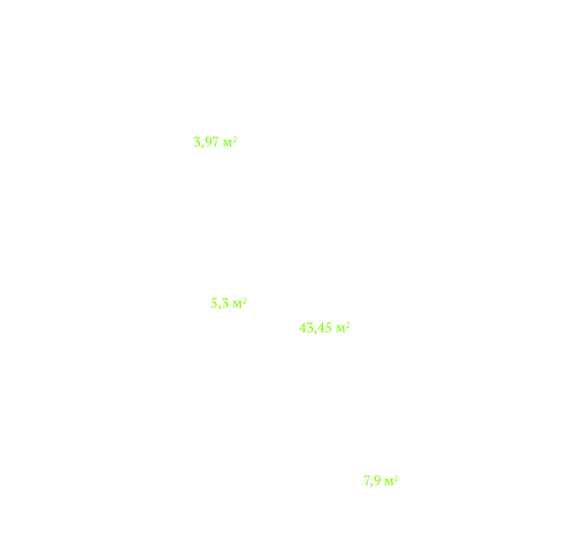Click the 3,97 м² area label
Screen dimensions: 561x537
click(215, 143)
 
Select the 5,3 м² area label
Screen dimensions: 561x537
click(228, 304)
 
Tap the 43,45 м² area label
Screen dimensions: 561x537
click(324, 328)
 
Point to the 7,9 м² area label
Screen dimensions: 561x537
click(381, 480)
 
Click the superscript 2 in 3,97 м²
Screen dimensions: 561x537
click(235, 139)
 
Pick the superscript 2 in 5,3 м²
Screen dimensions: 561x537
click(244, 300)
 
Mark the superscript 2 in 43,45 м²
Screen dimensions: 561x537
click(347, 324)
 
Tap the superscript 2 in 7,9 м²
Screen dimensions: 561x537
click(396, 477)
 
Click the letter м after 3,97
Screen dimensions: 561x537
click(227, 144)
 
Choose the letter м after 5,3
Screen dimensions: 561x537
click(237, 305)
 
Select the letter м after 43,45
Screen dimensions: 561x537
click(341, 329)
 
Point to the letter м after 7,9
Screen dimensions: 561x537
click(389, 482)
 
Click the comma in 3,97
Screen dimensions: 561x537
click(202, 146)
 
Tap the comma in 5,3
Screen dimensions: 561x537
click(220, 308)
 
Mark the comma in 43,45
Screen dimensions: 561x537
click(315, 332)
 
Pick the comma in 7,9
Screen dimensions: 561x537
click(372, 484)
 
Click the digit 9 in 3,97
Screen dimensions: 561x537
click(208, 143)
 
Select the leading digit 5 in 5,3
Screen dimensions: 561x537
click(214, 304)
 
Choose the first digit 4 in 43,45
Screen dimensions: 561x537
click(302, 328)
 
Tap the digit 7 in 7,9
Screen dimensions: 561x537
click(367, 480)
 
